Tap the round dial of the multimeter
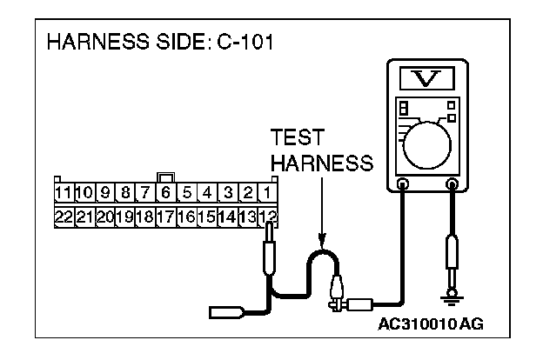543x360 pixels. pos(427,140)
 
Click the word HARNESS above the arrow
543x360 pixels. pos(321,163)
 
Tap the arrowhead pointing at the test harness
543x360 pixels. pos(322,245)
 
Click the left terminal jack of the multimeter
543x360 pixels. pos(402,184)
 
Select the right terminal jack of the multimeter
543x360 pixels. pos(452,184)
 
